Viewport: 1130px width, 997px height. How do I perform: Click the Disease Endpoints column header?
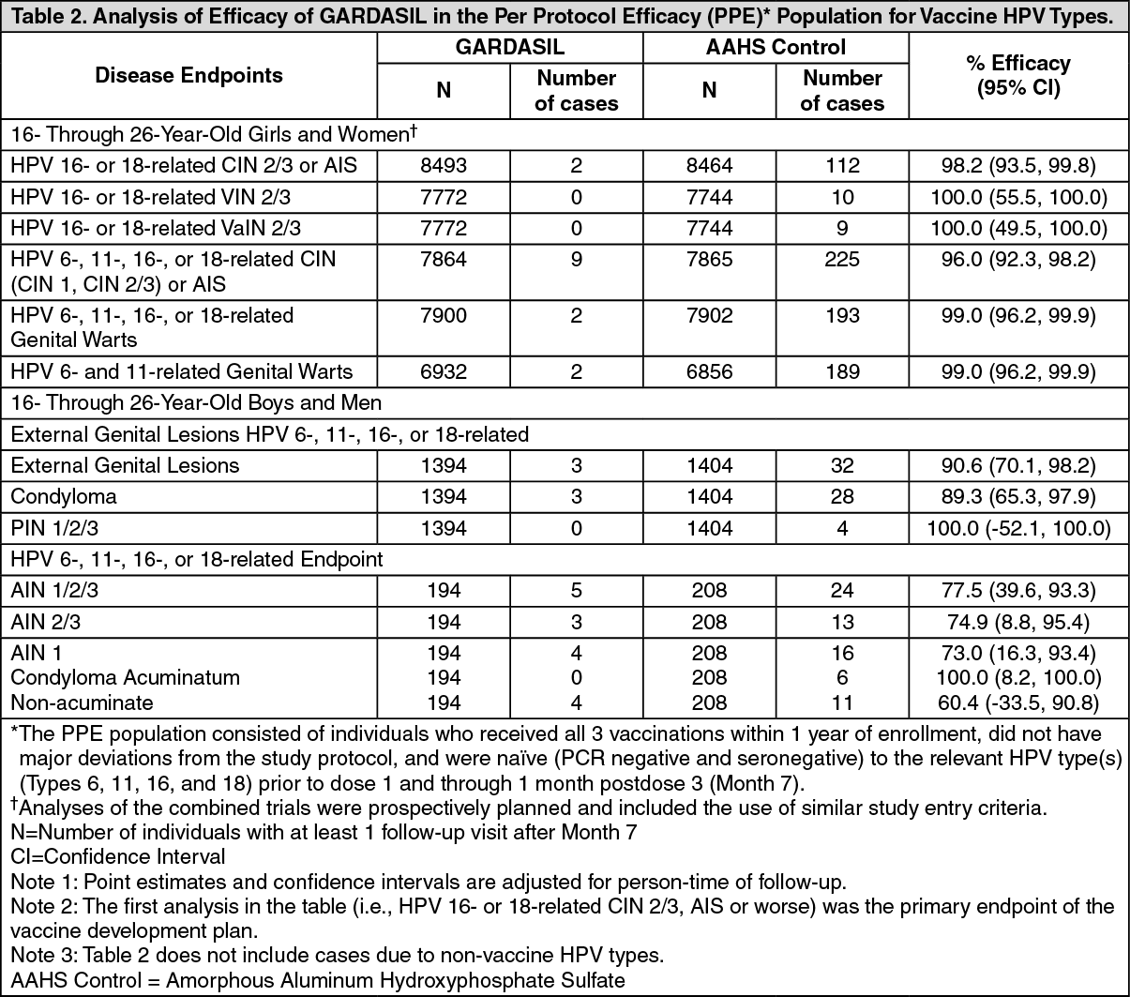point(188,76)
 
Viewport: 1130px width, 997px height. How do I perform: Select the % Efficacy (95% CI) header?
point(1017,76)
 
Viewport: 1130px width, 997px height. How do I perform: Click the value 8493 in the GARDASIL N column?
point(444,166)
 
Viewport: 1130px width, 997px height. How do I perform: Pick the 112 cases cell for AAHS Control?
point(842,166)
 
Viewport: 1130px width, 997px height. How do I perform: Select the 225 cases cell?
point(842,259)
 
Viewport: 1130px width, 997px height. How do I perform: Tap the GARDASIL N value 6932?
point(444,372)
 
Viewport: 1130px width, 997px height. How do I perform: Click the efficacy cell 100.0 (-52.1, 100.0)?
point(1017,528)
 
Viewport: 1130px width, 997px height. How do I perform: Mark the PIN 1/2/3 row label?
point(54,528)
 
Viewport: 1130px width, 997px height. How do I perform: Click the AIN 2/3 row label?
point(44,622)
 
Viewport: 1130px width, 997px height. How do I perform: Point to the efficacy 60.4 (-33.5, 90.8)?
point(1017,702)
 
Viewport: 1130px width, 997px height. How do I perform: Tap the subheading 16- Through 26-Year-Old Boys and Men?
point(196,403)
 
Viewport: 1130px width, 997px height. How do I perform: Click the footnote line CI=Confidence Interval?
point(118,856)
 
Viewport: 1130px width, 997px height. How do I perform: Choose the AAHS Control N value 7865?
point(709,259)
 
